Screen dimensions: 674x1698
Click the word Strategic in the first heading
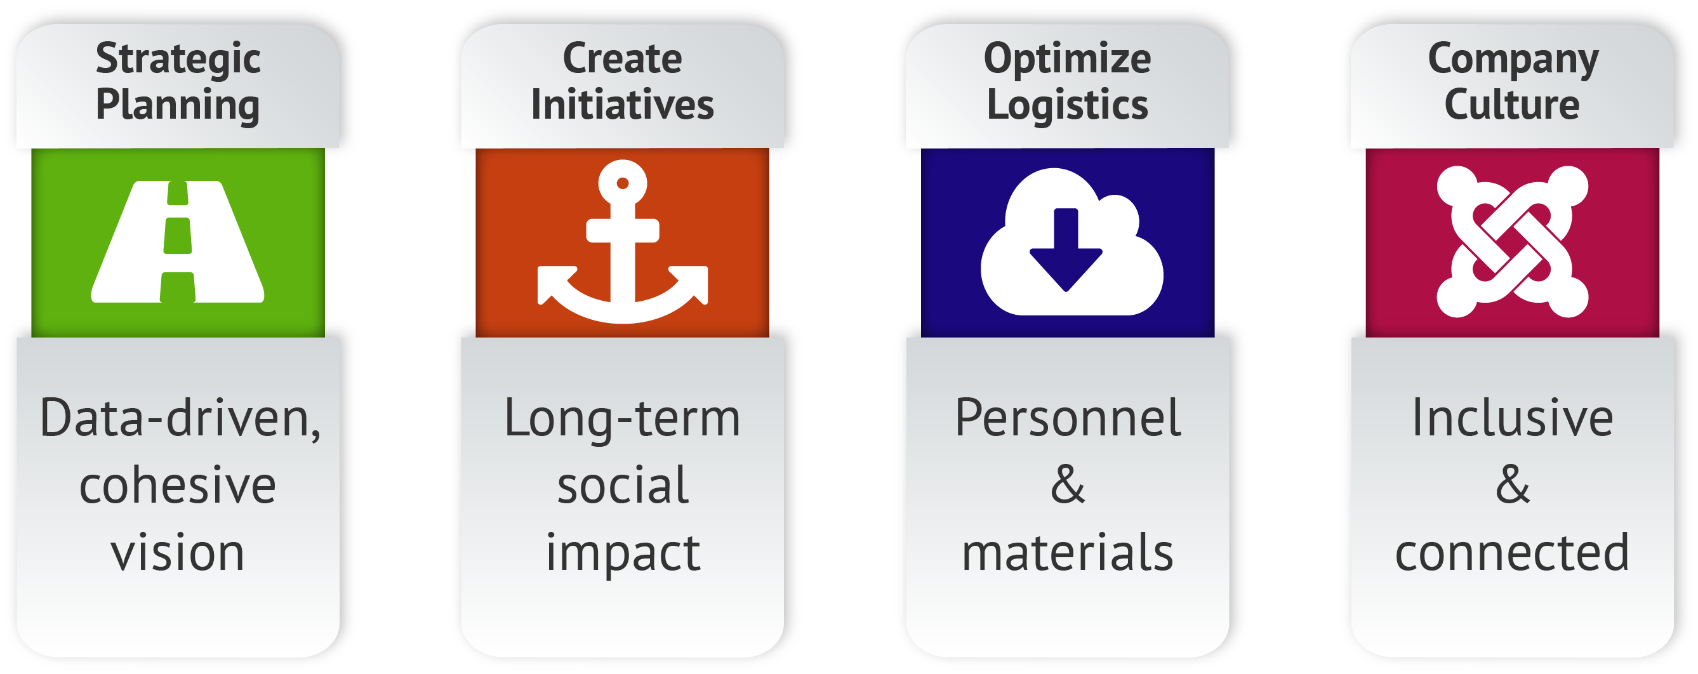178,59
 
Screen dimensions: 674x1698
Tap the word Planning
178,105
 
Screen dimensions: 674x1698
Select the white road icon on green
178,242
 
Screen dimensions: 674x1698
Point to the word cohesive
178,486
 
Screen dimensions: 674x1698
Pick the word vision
178,553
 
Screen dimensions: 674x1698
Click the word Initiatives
622,105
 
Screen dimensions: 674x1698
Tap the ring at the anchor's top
622,183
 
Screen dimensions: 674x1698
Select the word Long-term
622,419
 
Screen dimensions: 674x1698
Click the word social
622,486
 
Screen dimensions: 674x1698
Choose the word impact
622,554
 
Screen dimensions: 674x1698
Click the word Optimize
1067,59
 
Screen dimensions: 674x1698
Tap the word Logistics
1067,105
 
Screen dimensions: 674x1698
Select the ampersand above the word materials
1067,486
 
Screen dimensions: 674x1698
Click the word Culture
1512,105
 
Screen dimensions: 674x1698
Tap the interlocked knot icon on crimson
1512,242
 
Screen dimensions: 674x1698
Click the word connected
1512,553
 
